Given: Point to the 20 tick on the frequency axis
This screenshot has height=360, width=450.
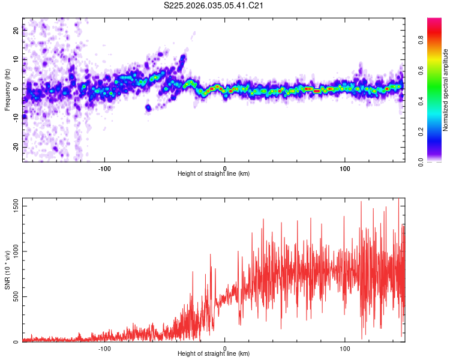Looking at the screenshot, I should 16,31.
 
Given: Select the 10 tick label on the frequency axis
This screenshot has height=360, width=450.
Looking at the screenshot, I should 16,60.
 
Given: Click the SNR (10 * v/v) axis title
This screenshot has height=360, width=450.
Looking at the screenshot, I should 7,270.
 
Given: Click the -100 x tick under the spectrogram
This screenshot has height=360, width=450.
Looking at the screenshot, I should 104,167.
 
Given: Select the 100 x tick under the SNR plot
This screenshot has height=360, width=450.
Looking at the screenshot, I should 345,348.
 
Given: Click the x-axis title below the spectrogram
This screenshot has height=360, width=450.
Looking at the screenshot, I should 214,174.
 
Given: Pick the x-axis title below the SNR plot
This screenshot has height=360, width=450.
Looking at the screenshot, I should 214,355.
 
